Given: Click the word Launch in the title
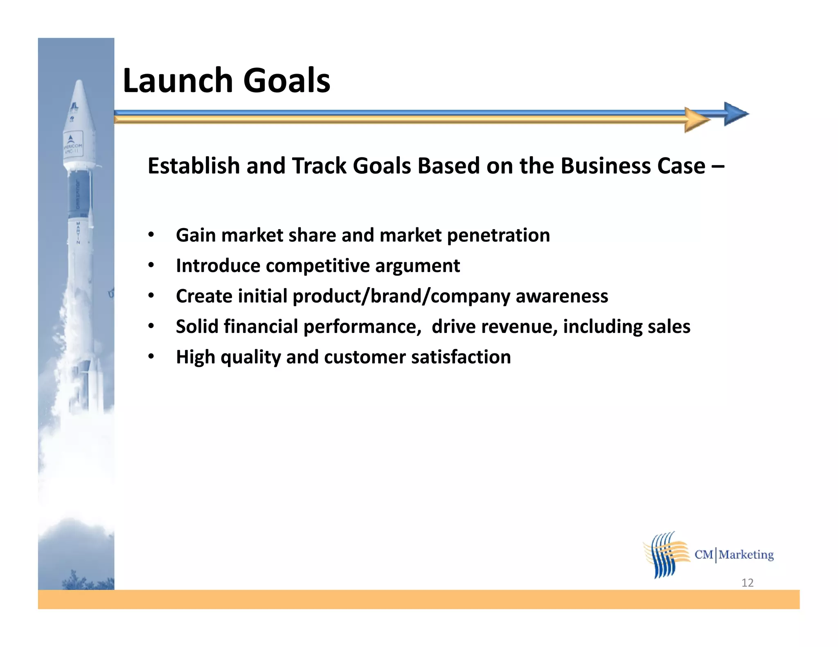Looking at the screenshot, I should pyautogui.click(x=178, y=81).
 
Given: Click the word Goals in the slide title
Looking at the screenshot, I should pyautogui.click(x=286, y=81).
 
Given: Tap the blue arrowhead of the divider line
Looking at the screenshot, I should pyautogui.click(x=735, y=114).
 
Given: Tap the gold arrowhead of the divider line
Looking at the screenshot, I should pyautogui.click(x=696, y=120).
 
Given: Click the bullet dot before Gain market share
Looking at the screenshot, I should pyautogui.click(x=151, y=235).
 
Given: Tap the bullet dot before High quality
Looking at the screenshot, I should pyautogui.click(x=151, y=357).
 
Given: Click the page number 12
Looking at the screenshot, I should pyautogui.click(x=747, y=583).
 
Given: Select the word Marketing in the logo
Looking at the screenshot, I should pyautogui.click(x=746, y=555).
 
